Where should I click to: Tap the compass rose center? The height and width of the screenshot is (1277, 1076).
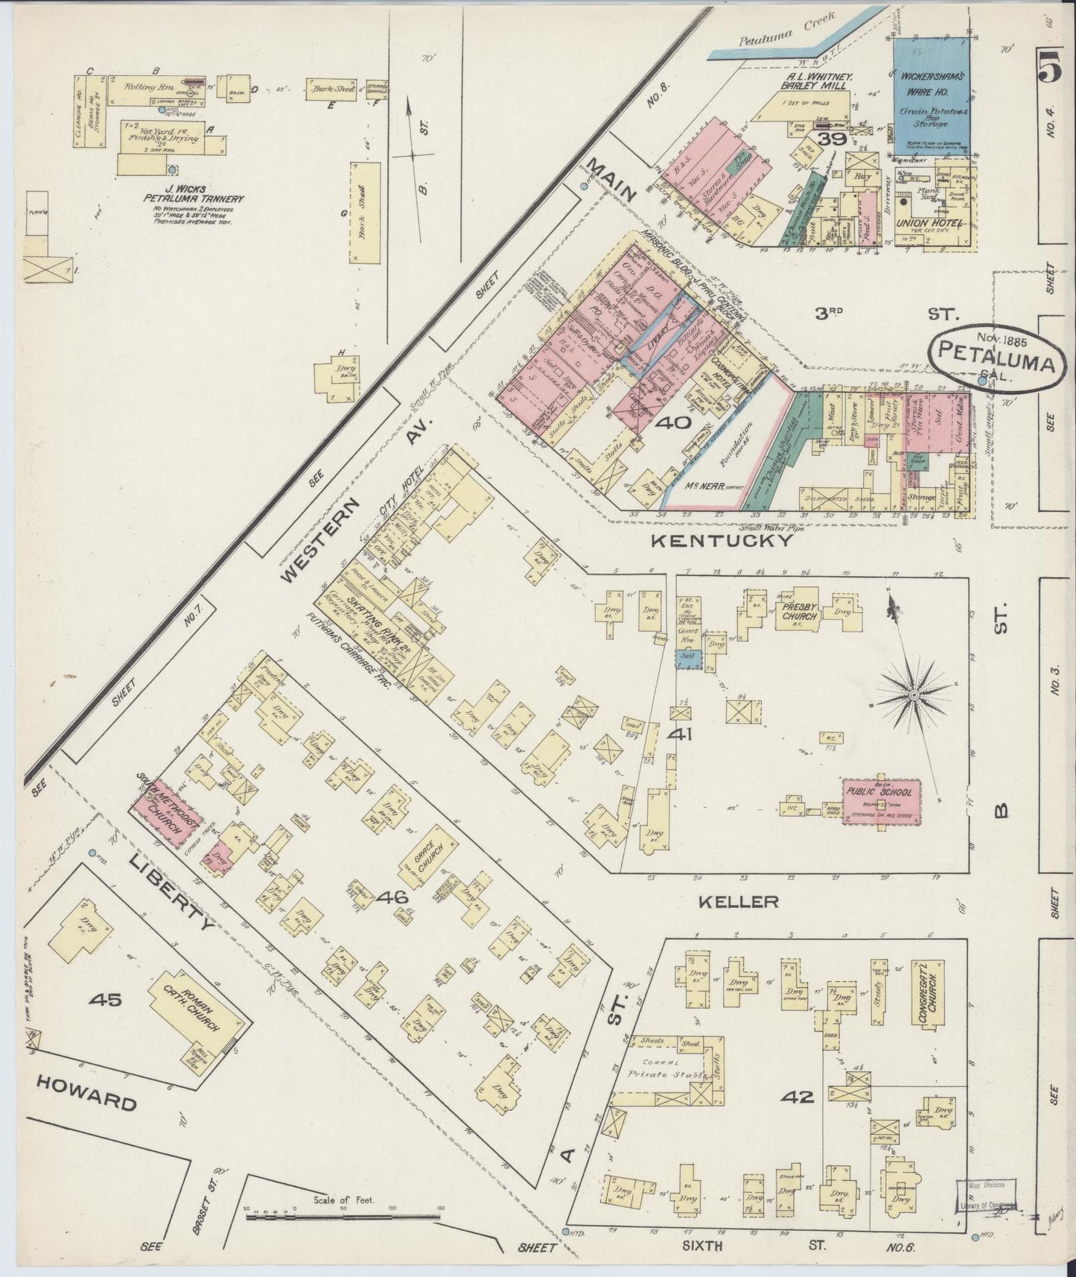click(913, 695)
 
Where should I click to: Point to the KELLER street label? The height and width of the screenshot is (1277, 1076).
click(739, 902)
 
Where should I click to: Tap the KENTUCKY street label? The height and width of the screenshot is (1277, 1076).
click(721, 542)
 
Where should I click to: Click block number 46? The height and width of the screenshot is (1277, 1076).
click(392, 898)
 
